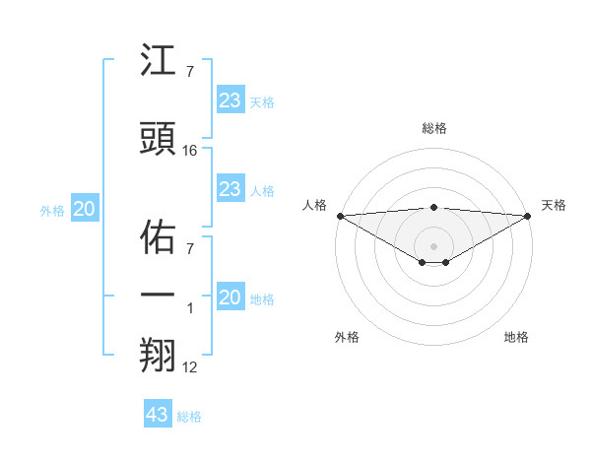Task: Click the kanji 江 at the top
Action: [x=159, y=62]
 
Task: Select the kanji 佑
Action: [x=159, y=236]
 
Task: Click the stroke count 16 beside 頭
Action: [x=190, y=151]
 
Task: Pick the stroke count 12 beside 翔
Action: [x=190, y=367]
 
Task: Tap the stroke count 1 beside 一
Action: [x=191, y=308]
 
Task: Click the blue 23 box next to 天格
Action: [x=230, y=100]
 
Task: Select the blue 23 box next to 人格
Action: [x=230, y=189]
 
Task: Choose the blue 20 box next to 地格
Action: [x=230, y=298]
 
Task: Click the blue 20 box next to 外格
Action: [x=85, y=209]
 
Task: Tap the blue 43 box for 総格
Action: [x=157, y=415]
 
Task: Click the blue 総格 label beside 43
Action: [x=189, y=417]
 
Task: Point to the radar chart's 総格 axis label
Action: [x=433, y=128]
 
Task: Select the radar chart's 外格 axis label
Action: [x=347, y=338]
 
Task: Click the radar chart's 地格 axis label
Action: [x=516, y=338]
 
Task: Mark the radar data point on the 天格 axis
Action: [x=528, y=215]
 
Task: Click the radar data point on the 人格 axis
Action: [x=340, y=215]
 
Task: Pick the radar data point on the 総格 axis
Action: [x=433, y=207]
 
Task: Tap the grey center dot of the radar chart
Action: [x=433, y=244]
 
